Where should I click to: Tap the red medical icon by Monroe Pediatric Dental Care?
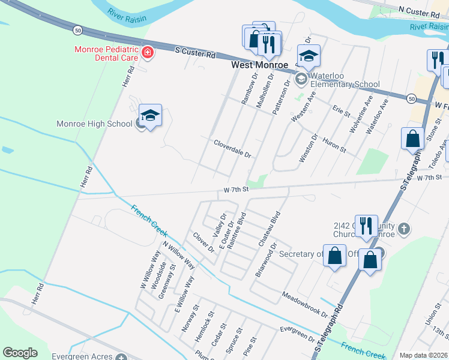[146, 54]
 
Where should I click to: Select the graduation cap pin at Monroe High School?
[151, 115]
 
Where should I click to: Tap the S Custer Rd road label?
[196, 53]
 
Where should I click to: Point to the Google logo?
[20, 353]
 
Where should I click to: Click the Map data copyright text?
[423, 355]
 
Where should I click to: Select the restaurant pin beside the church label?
[366, 226]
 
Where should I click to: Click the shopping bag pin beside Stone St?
[413, 139]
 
